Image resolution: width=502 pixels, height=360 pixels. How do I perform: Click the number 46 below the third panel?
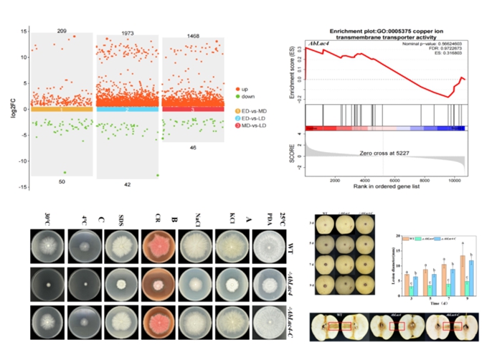pos(193,148)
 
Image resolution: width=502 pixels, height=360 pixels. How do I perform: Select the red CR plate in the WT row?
pos(149,249)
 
